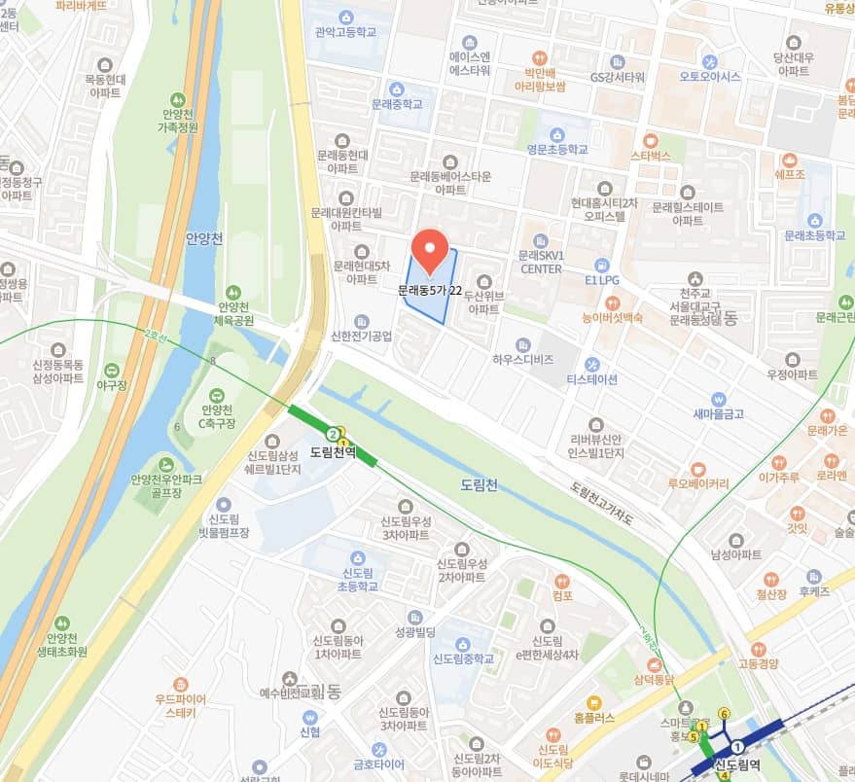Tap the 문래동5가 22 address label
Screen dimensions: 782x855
click(x=430, y=289)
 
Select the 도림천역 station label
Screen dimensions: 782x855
click(x=333, y=452)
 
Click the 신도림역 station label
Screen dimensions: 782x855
click(x=739, y=765)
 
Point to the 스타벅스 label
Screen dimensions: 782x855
click(x=651, y=155)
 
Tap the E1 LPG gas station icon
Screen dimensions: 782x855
click(x=601, y=264)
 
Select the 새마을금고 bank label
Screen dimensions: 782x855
click(x=718, y=412)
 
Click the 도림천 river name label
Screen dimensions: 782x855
click(x=478, y=483)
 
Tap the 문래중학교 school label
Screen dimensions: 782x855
click(x=397, y=103)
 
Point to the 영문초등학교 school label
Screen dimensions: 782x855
click(x=557, y=149)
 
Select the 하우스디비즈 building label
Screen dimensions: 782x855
click(x=522, y=359)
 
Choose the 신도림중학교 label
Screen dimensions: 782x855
click(x=463, y=658)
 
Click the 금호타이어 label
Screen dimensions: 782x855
click(x=378, y=763)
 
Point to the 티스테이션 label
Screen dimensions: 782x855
click(x=591, y=379)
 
